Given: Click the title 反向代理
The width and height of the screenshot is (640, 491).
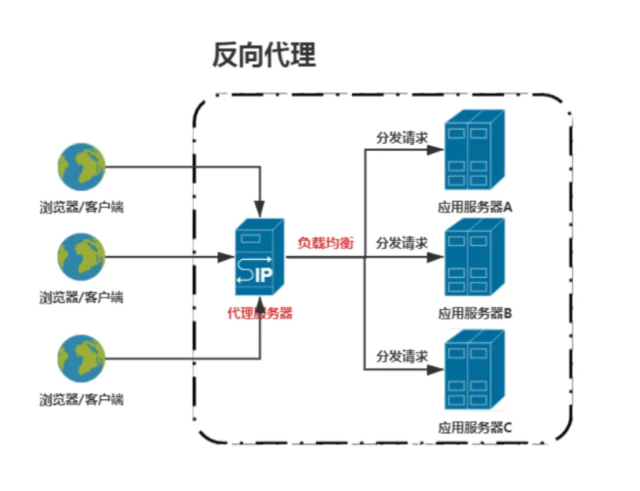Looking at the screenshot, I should [x=264, y=55].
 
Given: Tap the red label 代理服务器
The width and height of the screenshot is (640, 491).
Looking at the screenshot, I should [x=260, y=313].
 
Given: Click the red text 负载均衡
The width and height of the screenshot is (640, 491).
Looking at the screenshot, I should [x=325, y=243].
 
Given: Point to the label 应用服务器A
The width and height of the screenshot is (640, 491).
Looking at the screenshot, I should [x=475, y=207].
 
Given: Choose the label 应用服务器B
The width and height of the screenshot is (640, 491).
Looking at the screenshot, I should [x=475, y=313].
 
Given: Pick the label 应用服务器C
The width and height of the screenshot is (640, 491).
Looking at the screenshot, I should [x=475, y=427].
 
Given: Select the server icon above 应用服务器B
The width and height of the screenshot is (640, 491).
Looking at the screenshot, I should [x=474, y=257].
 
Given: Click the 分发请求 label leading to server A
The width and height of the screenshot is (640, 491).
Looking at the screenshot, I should [x=402, y=138].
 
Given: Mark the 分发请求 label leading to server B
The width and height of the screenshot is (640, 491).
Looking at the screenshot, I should [x=402, y=243].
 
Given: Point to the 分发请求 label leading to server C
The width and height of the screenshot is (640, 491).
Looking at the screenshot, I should [x=402, y=356].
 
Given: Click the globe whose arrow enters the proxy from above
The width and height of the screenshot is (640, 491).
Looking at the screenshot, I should [x=82, y=166].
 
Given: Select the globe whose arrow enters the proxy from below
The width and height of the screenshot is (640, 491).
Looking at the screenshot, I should [x=82, y=358].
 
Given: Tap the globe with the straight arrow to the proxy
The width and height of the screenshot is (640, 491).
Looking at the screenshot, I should [x=82, y=257].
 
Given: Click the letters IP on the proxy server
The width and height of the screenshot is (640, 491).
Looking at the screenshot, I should [x=264, y=275].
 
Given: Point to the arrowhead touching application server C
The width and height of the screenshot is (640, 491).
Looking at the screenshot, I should [x=438, y=369].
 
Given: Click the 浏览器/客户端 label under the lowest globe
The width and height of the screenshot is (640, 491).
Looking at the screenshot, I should [x=82, y=399].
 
